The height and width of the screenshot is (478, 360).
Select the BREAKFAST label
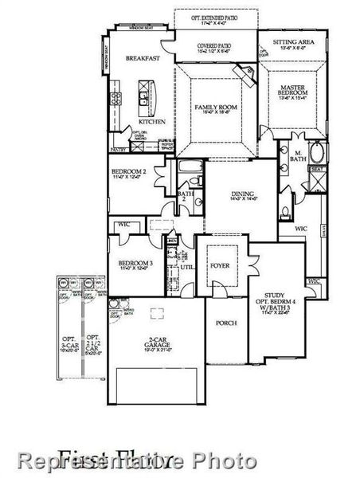[x=141, y=58]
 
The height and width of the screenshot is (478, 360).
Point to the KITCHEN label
[x=153, y=121]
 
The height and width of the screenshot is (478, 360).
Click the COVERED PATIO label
[x=214, y=47]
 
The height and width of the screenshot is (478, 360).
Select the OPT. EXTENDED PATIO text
[x=215, y=16]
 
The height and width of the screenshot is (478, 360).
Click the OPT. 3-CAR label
[x=68, y=342]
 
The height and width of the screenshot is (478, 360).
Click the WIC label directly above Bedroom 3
[x=124, y=224]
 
